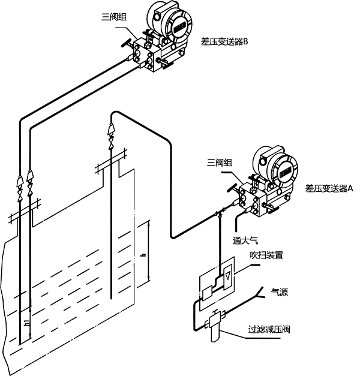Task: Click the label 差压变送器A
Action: tap(329, 188)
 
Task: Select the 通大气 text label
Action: tap(245, 241)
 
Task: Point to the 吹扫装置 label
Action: tap(266, 254)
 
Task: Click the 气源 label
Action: tap(280, 293)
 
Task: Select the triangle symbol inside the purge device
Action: tap(229, 277)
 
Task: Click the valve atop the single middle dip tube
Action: tap(111, 133)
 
